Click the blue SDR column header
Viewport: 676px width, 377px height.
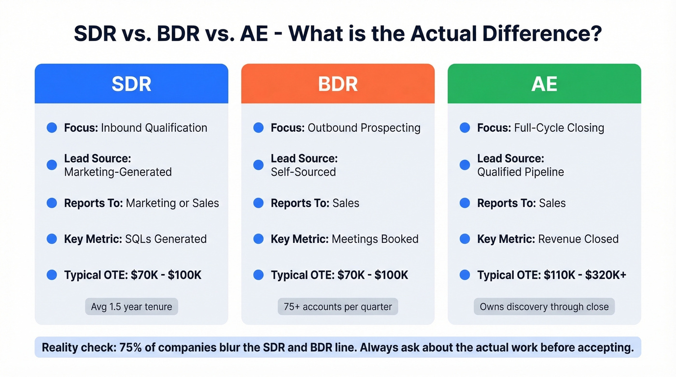(x=131, y=84)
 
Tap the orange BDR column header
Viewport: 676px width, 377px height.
(x=338, y=84)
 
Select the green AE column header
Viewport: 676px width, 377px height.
(x=544, y=84)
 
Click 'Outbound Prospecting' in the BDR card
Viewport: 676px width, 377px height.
(x=364, y=128)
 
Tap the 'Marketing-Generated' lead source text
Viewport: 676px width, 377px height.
(x=118, y=172)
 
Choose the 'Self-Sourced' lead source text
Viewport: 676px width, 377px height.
(x=303, y=172)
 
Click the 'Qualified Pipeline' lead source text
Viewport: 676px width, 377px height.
(x=521, y=172)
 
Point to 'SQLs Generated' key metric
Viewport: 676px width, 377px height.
(x=166, y=239)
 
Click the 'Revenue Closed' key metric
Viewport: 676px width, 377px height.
(x=578, y=239)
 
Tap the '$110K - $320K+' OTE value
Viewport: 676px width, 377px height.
(x=585, y=275)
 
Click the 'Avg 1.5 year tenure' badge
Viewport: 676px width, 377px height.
(x=131, y=307)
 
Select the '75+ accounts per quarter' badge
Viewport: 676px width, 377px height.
(x=338, y=307)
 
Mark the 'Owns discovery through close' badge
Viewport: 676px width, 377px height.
(x=544, y=307)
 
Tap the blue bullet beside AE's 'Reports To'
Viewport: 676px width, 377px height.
(x=465, y=203)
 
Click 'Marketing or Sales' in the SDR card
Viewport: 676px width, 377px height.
(x=172, y=203)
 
